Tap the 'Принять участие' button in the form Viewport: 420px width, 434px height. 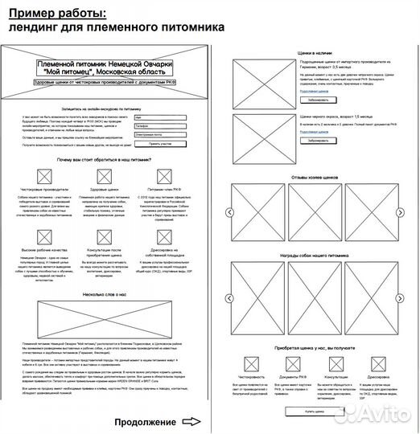(x=160, y=144)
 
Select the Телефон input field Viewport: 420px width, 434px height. (x=161, y=126)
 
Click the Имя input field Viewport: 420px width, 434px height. (x=161, y=118)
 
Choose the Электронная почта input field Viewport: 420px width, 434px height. (x=161, y=134)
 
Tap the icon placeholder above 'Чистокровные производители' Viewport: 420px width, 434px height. (x=45, y=177)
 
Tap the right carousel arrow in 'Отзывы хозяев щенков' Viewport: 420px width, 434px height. (x=400, y=212)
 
